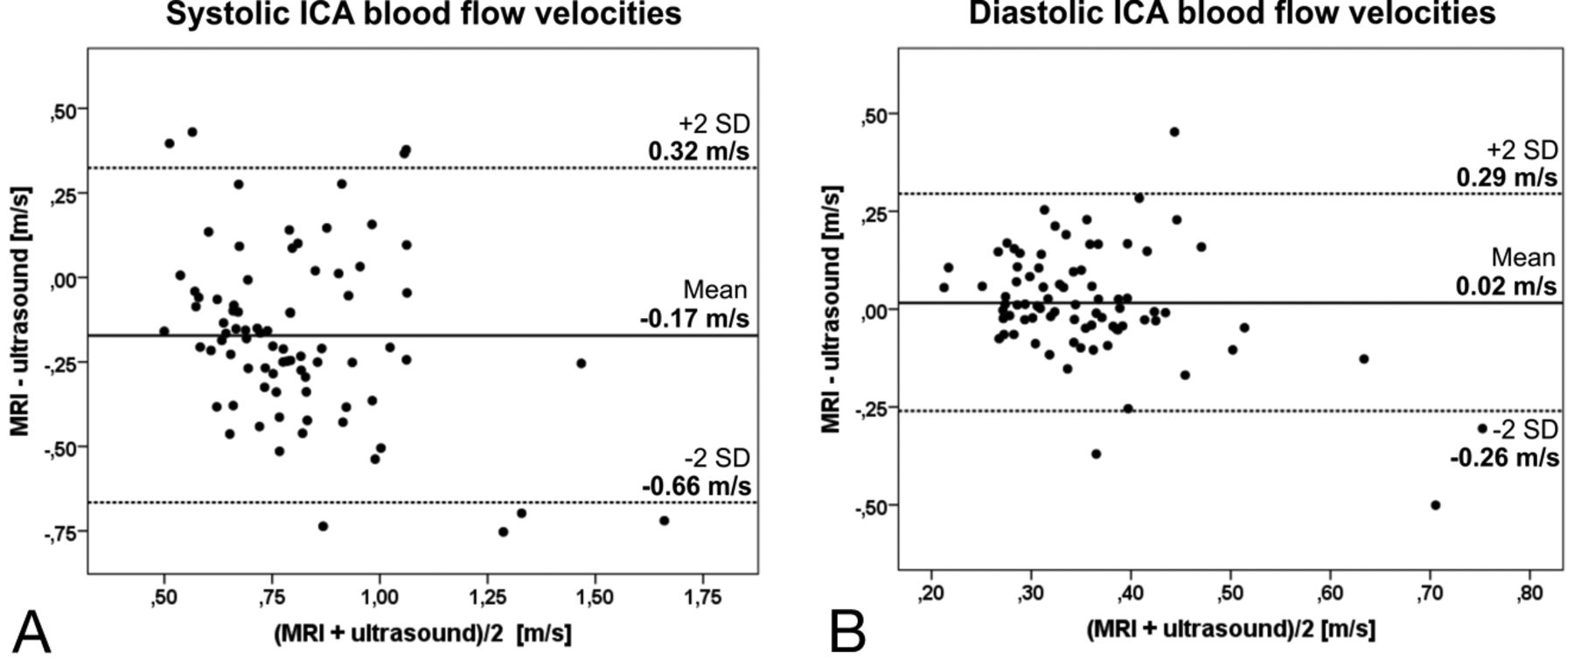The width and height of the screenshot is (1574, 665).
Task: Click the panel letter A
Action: (32, 632)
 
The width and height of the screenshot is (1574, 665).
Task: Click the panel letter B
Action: (847, 632)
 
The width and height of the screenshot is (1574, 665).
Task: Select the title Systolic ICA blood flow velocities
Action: (423, 14)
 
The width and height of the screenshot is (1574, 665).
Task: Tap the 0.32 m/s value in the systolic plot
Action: (698, 151)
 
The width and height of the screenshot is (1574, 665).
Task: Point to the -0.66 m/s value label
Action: (696, 486)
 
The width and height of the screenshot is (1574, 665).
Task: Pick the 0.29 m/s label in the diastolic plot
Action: (1506, 177)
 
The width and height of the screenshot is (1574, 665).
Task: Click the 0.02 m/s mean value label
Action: (1506, 286)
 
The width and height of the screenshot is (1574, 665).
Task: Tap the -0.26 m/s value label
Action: (1504, 457)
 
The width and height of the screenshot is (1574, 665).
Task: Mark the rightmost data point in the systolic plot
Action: (664, 521)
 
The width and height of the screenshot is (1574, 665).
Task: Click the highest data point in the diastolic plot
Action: (1174, 132)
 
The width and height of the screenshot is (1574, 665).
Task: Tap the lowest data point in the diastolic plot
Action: (1435, 505)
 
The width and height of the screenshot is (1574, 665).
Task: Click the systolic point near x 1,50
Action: (581, 364)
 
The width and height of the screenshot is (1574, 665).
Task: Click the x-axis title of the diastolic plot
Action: (1230, 629)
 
